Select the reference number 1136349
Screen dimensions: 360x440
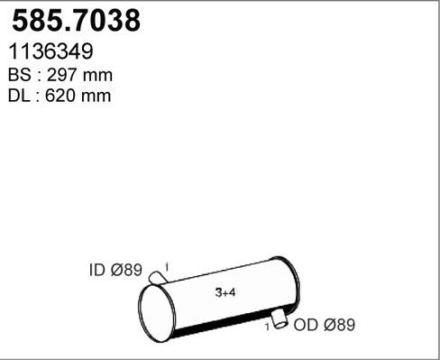click(x=52, y=53)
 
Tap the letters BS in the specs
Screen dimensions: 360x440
click(x=20, y=76)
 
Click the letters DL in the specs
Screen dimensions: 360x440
click(x=20, y=96)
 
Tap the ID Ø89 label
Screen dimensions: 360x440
click(x=115, y=270)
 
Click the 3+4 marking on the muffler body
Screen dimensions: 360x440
click(x=226, y=292)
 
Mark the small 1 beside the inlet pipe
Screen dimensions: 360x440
click(x=170, y=266)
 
